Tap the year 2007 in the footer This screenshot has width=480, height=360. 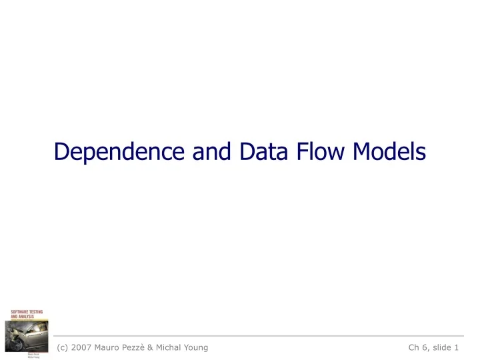coord(87,347)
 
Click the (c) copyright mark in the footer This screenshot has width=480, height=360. coord(64,347)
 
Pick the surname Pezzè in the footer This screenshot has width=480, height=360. coord(149,347)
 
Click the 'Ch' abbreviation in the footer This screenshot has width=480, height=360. coord(415,347)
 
